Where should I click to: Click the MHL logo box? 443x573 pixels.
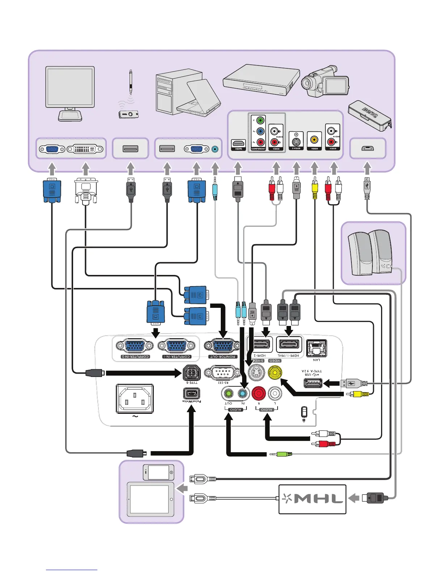312,499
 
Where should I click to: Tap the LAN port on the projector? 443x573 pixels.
316,348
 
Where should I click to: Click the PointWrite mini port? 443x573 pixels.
191,393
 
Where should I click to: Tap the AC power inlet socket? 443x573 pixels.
135,399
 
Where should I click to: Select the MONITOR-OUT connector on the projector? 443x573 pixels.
222,346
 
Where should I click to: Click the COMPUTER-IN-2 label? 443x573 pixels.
135,357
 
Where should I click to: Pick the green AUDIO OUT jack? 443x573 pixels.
228,393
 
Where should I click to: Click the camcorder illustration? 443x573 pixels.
325,81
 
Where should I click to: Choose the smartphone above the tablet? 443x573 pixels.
159,472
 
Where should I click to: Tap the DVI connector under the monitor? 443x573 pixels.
85,149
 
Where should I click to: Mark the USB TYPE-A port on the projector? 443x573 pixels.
313,383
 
